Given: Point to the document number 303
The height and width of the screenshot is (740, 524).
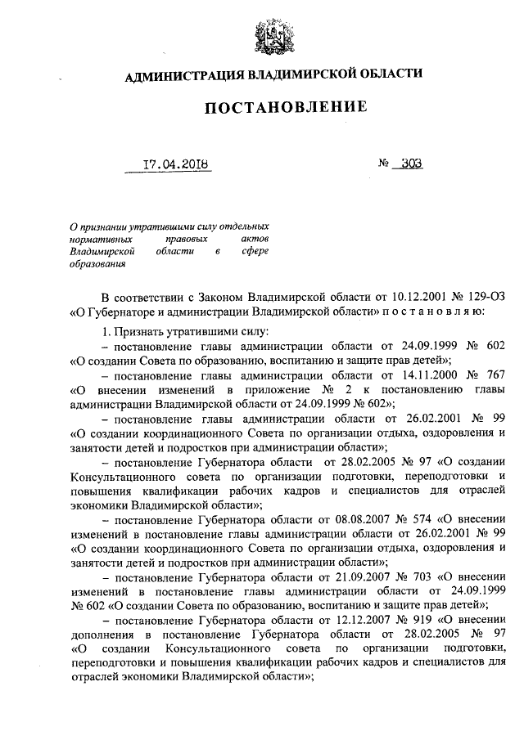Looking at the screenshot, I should click(412, 164).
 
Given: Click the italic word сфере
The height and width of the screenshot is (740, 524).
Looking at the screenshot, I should click(254, 253).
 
